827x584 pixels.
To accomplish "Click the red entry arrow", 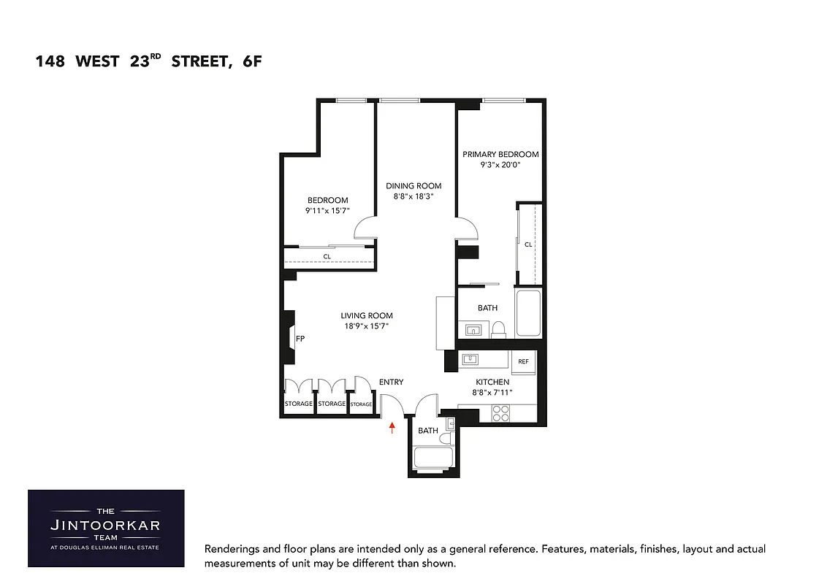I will pos(392,427).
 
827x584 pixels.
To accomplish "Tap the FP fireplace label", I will pos(300,339).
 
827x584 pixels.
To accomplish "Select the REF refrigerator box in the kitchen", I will pos(523,362).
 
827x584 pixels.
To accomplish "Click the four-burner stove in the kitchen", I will pos(500,414).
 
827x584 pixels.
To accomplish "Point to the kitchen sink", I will pos(471,358).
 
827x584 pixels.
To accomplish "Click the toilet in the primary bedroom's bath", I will pos(499,329).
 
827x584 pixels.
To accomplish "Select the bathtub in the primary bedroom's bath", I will pos(527,314).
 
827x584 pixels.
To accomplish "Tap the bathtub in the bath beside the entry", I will pos(434,458).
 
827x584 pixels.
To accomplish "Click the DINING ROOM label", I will pos(413,186).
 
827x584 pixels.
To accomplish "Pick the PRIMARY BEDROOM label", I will pos(500,155).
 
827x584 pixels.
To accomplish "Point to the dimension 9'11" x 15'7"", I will pos(327,211).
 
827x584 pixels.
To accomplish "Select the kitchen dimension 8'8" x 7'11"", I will pos(492,393).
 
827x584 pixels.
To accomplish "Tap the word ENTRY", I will pos(391,382).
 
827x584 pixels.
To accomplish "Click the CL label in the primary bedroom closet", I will pos(528,245).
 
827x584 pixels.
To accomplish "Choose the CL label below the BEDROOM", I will pos(327,256).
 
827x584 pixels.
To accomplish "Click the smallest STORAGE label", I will pos(361,404).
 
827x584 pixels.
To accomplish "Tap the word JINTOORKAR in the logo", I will pos(106,525).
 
